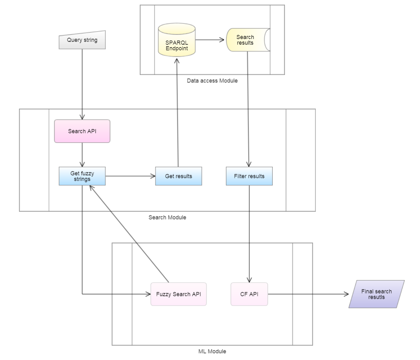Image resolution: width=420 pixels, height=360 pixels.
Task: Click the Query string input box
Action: pos(82,40)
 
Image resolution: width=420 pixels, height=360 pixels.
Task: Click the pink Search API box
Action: pos(82,131)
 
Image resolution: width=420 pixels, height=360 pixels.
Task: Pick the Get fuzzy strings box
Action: pos(82,176)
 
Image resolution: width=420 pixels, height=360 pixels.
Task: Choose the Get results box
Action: pos(178,176)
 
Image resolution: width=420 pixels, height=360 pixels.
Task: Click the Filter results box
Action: pos(249,176)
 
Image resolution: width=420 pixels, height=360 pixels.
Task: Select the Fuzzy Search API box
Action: pos(178,294)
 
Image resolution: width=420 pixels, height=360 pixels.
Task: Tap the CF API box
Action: pos(249,294)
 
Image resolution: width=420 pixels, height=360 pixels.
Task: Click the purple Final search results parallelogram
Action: pos(376,294)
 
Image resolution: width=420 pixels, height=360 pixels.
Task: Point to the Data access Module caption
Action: pos(212,81)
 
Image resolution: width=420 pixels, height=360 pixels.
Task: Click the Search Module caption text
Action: pos(167,217)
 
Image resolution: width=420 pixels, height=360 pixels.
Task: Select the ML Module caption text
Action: pos(212,351)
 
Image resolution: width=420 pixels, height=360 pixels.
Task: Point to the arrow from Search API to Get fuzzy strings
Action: pos(82,155)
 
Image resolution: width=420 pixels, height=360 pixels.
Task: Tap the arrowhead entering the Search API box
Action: pos(82,117)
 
